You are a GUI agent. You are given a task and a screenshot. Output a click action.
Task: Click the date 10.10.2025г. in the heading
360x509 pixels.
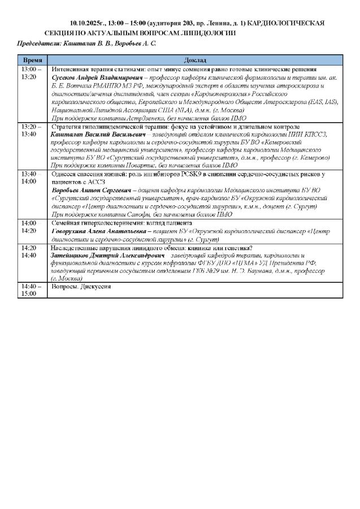88,22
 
